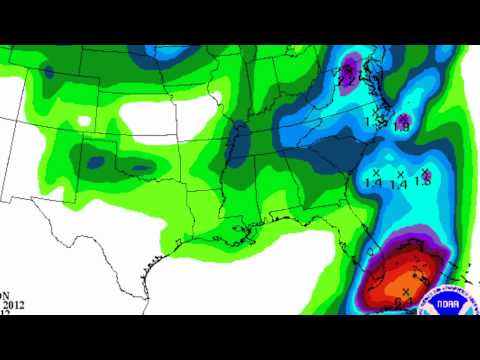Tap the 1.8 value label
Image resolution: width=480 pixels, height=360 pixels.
click(x=402, y=127)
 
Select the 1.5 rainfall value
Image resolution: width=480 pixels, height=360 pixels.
click(x=423, y=183)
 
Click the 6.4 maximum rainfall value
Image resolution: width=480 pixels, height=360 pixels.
click(x=404, y=300)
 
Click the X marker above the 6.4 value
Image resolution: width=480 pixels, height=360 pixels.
click(x=405, y=290)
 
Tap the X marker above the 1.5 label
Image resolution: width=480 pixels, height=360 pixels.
click(x=425, y=173)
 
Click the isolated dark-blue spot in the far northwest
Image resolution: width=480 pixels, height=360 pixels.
click(x=48, y=72)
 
